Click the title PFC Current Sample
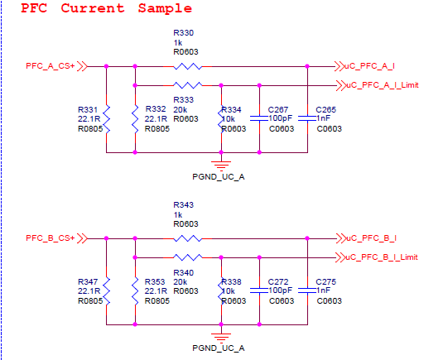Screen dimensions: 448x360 coord(106,8)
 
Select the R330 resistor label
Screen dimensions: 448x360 coord(184,33)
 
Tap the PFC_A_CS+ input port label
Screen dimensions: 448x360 coord(51,66)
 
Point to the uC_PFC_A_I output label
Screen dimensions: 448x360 coord(369,66)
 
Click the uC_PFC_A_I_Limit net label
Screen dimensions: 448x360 coord(382,85)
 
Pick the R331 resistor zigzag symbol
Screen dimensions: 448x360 coord(107,119)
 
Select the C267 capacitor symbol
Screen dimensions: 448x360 coord(259,118)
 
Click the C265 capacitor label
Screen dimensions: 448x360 coord(325,109)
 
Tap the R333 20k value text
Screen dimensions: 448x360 coord(180,109)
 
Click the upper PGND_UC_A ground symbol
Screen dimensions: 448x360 coord(221,165)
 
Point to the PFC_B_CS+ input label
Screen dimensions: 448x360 coord(51,238)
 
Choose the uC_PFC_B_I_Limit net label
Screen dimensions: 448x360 coord(382,257)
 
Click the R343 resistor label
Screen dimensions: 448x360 coord(184,204)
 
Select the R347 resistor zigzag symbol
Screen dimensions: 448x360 coord(107,291)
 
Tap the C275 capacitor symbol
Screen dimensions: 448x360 coord(307,290)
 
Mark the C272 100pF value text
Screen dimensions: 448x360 coord(280,290)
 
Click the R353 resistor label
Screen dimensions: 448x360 coord(155,281)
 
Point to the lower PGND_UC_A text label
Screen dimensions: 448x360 coord(219,348)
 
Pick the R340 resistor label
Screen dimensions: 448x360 coord(184,272)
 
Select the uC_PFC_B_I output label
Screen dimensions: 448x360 coord(371,238)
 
